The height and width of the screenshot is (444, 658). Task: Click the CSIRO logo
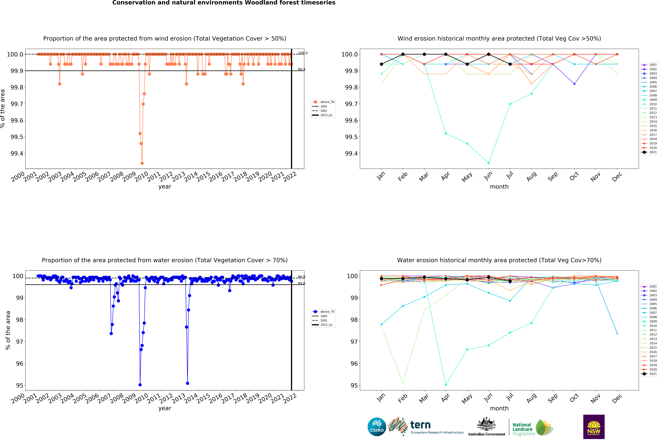[x=377, y=427]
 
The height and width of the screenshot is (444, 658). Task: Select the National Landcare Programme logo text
[x=522, y=429]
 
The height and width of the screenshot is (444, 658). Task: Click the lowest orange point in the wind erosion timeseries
[x=142, y=163]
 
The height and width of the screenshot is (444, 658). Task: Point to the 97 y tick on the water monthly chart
[x=354, y=342]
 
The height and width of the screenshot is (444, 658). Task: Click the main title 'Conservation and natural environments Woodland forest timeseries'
[x=224, y=3]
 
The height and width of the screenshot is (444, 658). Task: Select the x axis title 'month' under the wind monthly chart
[x=499, y=187]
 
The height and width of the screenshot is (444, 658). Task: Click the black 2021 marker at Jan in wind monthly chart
[x=381, y=64]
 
